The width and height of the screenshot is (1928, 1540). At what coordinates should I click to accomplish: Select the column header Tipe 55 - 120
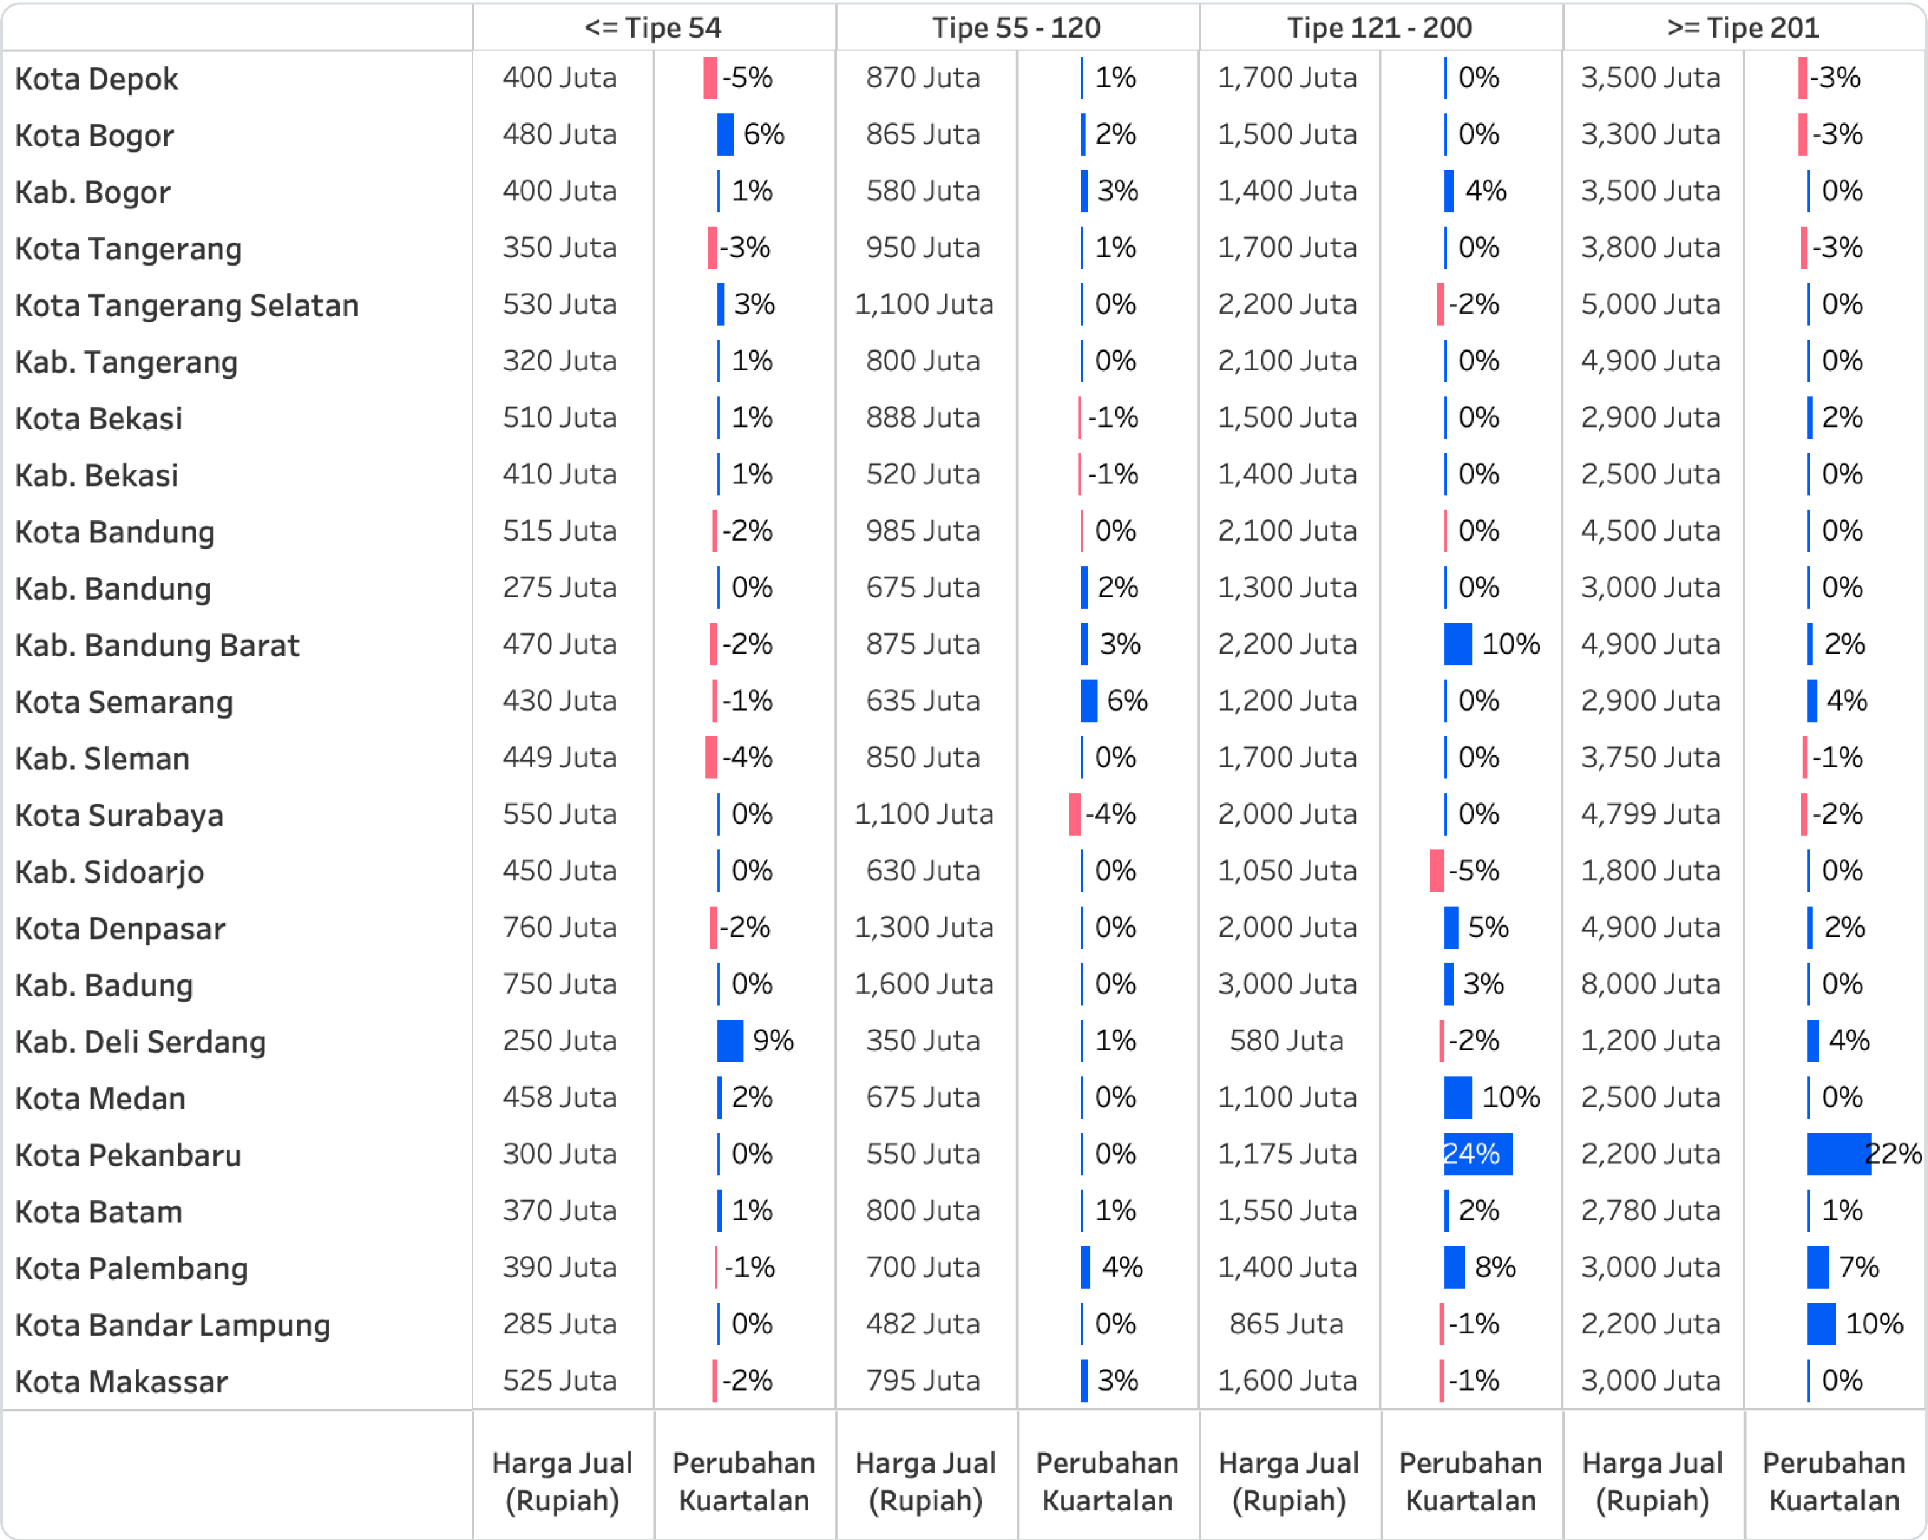[1016, 28]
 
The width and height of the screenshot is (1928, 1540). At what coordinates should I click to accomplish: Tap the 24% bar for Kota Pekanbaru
[1477, 1154]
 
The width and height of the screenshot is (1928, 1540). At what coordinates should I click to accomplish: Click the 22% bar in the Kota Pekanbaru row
[1838, 1154]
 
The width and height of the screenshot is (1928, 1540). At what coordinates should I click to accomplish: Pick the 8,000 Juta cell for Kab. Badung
[1650, 984]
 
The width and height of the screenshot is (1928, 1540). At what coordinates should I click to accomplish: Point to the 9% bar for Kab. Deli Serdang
[730, 1041]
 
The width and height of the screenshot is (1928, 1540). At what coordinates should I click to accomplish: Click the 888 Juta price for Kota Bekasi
[923, 417]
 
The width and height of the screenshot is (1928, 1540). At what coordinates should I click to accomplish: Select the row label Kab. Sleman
[102, 758]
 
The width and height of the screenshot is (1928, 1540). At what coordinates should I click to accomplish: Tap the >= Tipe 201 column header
[1743, 28]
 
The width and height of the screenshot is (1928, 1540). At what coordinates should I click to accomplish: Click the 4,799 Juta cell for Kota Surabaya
[1650, 814]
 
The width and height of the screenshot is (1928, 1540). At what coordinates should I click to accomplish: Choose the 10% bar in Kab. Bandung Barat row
[1458, 644]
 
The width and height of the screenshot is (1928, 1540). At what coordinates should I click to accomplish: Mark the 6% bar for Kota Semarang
[1088, 700]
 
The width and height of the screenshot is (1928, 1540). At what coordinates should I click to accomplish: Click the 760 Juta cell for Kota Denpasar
[559, 927]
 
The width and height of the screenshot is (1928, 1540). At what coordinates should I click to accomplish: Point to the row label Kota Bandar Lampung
[173, 1325]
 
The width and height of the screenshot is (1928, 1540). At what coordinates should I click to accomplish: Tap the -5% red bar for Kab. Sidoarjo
[1436, 871]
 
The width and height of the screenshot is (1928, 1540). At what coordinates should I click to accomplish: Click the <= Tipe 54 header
[653, 28]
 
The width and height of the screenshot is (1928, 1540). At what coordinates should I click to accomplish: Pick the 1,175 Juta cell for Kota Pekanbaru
[1287, 1154]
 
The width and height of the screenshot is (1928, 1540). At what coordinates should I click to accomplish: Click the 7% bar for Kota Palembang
[1817, 1268]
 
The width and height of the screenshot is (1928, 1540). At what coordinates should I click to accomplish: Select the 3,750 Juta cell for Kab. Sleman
[1650, 758]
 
